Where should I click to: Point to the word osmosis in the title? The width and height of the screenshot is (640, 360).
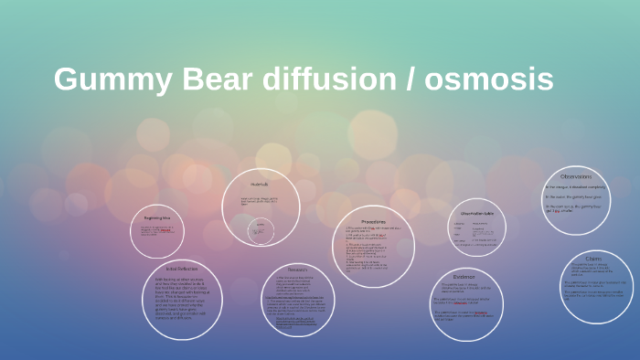(x=488, y=79)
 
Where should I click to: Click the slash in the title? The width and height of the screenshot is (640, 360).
(x=409, y=79)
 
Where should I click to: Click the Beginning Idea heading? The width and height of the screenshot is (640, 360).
(x=159, y=218)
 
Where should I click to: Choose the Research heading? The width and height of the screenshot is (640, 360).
(x=298, y=270)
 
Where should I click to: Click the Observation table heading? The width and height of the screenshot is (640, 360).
(x=476, y=213)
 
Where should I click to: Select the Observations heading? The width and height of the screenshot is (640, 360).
(x=576, y=176)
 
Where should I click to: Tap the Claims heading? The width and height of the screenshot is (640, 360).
(x=593, y=259)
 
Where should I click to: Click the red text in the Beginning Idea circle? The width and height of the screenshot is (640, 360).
(x=165, y=231)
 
